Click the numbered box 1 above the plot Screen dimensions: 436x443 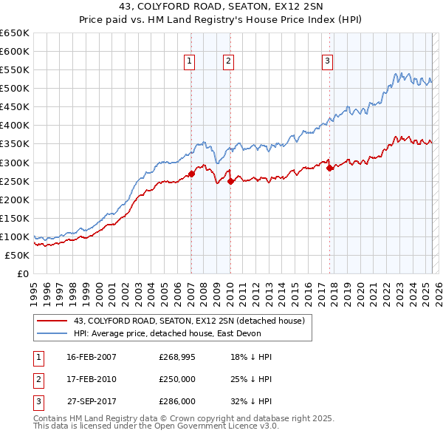tap(190, 62)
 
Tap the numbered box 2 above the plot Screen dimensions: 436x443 tap(229, 62)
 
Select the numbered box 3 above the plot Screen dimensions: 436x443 tap(327, 62)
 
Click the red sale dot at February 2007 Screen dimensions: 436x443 tap(191, 174)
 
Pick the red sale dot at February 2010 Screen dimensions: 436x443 tap(230, 181)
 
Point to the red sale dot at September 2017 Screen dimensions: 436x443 tap(329, 168)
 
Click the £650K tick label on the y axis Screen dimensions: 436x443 tap(15, 33)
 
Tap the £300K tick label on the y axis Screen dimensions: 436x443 tap(15, 163)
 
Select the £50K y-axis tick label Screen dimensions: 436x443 tap(17, 255)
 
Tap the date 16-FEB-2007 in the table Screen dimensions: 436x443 tap(92, 357)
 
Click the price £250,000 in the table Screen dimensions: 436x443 tap(177, 379)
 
